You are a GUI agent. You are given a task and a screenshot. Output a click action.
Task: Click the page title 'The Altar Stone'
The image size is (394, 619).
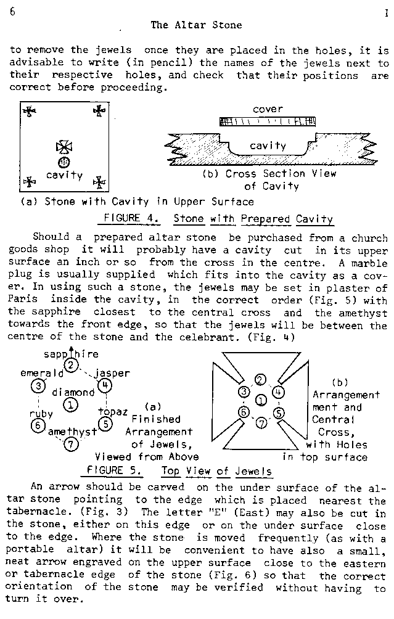click(x=196, y=25)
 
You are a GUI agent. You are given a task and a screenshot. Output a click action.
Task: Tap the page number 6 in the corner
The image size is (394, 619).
click(x=12, y=12)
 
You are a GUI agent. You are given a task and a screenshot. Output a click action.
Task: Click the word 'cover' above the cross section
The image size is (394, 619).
click(x=268, y=110)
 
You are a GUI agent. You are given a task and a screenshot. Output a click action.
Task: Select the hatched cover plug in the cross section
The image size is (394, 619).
click(x=268, y=122)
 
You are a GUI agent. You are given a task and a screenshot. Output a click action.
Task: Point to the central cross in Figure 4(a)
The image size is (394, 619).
click(x=64, y=146)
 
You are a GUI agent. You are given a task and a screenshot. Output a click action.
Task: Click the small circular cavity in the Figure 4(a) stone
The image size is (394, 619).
click(x=64, y=162)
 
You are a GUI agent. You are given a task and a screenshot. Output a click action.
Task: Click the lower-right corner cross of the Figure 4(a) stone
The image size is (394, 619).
click(x=99, y=182)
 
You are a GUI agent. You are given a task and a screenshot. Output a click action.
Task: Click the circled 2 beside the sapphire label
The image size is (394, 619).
click(x=72, y=366)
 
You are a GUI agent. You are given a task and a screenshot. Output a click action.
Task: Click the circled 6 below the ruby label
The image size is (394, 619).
click(x=38, y=425)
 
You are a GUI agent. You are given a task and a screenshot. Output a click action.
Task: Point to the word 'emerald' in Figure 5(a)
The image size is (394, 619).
click(x=43, y=374)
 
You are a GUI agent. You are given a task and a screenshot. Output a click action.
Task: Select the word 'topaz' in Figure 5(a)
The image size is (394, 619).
click(x=113, y=411)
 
